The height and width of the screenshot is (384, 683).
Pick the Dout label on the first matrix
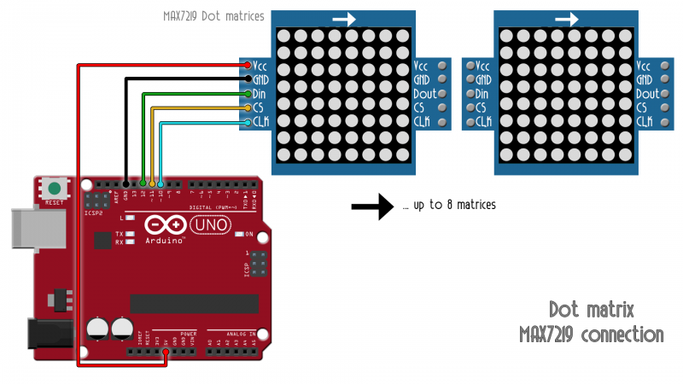click(425, 94)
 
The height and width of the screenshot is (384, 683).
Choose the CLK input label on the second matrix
click(482, 122)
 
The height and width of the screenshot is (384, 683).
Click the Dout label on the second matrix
click(648, 94)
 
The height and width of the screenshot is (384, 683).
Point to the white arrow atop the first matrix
click(344, 18)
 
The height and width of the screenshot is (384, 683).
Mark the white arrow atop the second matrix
click(567, 18)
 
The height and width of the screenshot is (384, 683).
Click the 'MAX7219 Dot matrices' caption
click(213, 16)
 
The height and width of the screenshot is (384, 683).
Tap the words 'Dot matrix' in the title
click(592, 310)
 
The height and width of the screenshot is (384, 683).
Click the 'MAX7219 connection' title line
click(591, 335)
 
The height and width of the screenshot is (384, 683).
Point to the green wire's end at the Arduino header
click(143, 183)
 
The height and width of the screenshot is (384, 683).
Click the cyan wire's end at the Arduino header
click(161, 183)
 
